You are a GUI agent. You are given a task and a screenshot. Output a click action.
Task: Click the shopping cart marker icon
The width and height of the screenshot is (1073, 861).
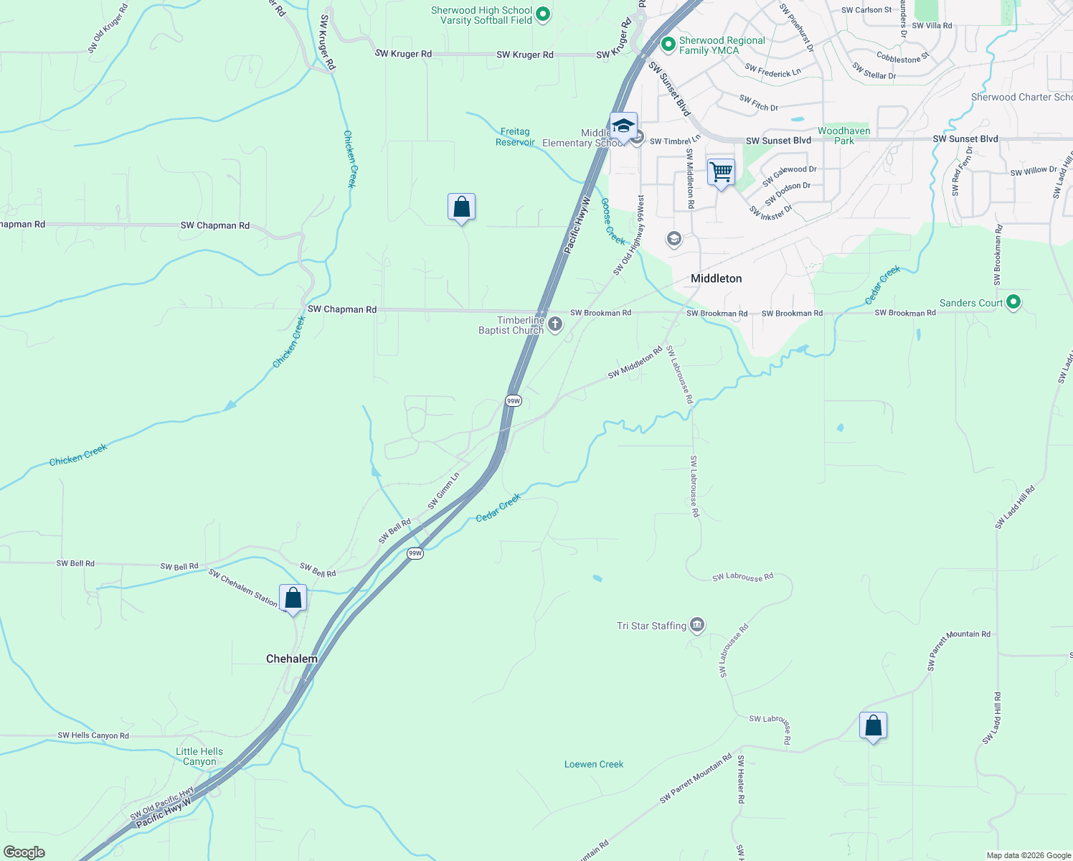721,173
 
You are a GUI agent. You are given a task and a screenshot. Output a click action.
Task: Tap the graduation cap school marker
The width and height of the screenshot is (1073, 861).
623,126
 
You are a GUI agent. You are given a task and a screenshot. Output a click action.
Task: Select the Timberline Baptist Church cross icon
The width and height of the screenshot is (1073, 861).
554,325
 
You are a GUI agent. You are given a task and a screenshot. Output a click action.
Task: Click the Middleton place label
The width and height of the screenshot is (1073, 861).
716,278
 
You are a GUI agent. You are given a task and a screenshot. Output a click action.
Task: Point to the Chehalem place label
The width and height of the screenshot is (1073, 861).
291,659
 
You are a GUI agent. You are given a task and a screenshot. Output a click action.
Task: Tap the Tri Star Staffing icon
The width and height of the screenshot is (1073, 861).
697,626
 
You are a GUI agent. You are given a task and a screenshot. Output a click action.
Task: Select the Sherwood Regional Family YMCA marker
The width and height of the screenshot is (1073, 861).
668,44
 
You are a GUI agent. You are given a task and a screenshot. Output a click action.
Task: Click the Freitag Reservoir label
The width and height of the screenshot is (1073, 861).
515,137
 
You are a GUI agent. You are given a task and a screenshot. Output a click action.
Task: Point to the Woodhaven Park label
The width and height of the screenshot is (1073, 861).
843,136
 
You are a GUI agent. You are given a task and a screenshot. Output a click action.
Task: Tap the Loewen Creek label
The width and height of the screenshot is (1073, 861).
594,764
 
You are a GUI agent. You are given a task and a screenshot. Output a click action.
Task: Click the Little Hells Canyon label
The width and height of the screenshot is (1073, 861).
199,756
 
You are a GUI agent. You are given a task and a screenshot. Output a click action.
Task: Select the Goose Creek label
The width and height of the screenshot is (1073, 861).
613,221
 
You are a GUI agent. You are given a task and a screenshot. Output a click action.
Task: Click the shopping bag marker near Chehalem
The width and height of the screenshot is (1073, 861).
293,598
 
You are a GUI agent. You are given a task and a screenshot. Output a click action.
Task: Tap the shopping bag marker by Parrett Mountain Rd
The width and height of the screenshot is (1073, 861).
873,725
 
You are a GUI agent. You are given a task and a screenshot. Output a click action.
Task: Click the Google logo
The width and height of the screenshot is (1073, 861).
24,852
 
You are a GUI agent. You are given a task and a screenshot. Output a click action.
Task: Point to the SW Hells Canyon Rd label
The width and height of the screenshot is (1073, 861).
93,735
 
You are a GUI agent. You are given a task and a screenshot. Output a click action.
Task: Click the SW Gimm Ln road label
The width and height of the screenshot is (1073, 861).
443,491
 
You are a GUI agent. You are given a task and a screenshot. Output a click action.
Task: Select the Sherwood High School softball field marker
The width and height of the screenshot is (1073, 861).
543,14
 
